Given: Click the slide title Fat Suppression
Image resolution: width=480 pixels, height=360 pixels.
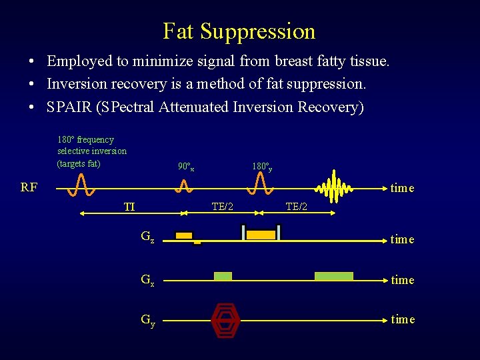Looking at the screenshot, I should [239, 31].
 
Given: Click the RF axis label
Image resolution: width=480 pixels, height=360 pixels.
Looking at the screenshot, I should [29, 187].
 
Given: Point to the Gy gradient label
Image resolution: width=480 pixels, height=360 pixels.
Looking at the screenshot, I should [147, 319].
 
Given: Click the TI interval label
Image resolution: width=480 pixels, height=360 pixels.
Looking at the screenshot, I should [129, 207].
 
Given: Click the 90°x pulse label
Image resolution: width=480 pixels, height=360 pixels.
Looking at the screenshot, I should [186, 166].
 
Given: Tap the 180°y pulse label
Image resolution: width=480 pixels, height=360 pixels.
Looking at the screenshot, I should [261, 166].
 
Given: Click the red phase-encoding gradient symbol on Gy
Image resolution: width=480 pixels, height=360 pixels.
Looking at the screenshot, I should [225, 321].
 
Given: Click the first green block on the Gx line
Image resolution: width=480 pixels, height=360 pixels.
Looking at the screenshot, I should [223, 276].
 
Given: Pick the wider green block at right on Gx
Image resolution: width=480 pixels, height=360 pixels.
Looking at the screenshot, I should [333, 276].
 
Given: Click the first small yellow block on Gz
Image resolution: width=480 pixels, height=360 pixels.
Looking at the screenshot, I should [183, 235].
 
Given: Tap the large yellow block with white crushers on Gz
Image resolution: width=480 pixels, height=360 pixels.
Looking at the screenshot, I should [261, 234].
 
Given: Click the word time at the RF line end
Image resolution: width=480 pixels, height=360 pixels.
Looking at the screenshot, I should [402, 188].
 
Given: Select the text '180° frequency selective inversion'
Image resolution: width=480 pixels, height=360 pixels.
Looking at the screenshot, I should [91, 145].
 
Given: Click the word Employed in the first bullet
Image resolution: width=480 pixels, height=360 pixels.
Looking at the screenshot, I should [77, 61].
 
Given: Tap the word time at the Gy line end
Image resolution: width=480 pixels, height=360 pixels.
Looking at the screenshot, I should [402, 319].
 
